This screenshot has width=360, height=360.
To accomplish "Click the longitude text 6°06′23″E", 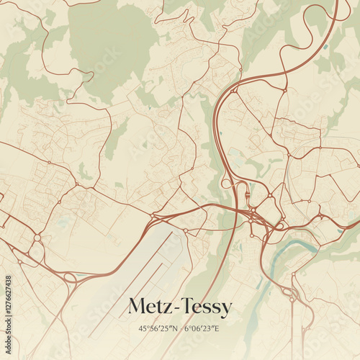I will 202,328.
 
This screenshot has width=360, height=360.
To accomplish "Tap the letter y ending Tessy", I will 228,310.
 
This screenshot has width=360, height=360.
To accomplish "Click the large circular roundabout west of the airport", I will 37,238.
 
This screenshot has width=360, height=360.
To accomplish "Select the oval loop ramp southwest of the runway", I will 70,277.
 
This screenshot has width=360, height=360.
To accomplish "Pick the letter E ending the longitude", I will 217,328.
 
